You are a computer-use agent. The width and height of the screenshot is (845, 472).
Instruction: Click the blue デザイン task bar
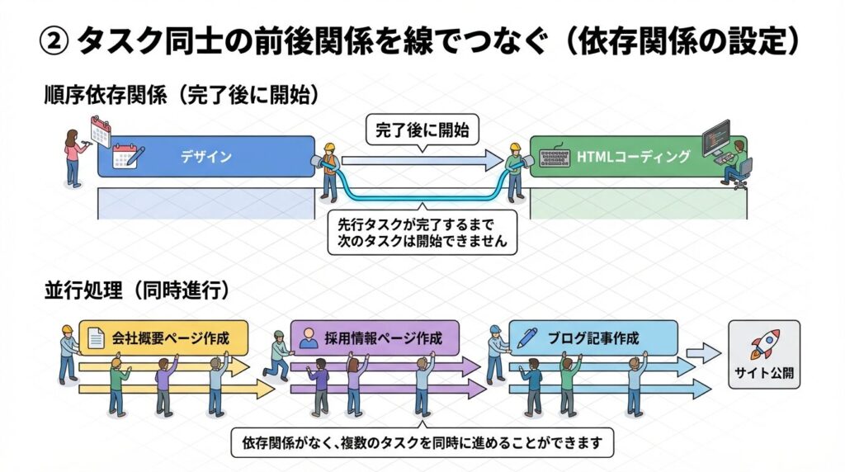pyautogui.click(x=206, y=157)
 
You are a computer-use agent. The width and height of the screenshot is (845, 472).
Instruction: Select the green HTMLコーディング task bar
pyautogui.click(x=635, y=156)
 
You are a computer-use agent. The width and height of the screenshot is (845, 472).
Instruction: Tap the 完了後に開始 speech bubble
pyautogui.click(x=422, y=130)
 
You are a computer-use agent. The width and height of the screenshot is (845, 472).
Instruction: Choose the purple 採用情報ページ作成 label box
pyautogui.click(x=372, y=337)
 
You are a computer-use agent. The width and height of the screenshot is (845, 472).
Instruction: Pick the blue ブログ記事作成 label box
pyautogui.click(x=593, y=337)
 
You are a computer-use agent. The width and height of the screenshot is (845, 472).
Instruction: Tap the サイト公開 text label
pyautogui.click(x=764, y=372)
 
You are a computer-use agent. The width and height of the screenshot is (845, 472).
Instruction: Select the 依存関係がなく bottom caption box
pyautogui.click(x=423, y=442)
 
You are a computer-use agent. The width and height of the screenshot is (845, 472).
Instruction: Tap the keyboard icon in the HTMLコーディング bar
pyautogui.click(x=555, y=157)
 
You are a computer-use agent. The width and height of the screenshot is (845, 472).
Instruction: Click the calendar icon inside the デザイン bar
pyautogui.click(x=127, y=157)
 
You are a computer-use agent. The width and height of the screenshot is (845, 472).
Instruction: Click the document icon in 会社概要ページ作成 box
pyautogui.click(x=97, y=337)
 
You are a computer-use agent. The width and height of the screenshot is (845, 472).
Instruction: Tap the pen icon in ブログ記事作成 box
pyautogui.click(x=528, y=337)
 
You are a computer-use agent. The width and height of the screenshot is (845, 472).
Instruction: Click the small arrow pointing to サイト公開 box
pyautogui.click(x=703, y=353)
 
